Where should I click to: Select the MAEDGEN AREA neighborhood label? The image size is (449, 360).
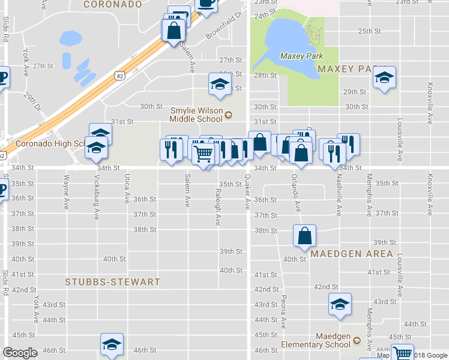pos(352,254)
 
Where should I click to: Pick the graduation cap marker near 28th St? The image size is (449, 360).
pos(220,85)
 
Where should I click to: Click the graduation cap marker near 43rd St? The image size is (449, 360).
pos(340,304)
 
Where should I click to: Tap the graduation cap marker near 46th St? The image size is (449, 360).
pos(112,344)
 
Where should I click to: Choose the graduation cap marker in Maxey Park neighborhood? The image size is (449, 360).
pos(384,77)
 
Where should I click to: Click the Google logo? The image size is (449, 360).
pos(20,352)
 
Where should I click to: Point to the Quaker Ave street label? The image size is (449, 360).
pos(247,192)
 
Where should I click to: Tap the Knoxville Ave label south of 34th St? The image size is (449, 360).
pos(430,194)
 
